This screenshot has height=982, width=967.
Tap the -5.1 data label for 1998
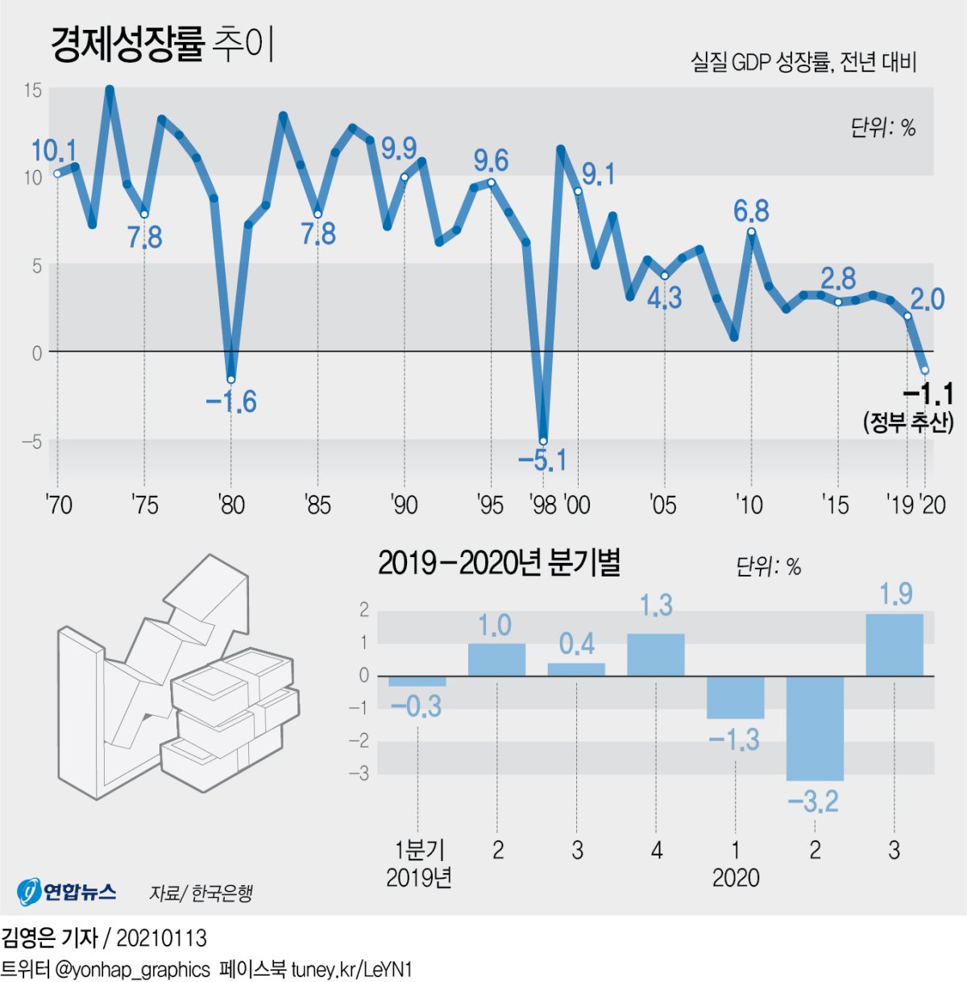542,460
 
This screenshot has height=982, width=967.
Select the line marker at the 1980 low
231,380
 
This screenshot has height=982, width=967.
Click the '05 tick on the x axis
662,505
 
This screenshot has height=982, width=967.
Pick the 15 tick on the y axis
32,89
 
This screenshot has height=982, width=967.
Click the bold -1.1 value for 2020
928,394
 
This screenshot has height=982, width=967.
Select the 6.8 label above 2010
750,211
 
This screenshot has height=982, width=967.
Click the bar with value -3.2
815,728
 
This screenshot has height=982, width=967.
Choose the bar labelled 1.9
894,645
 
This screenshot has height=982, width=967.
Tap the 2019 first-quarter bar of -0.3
417,681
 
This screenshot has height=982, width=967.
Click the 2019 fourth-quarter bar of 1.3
656,655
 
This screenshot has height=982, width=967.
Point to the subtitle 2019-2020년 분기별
499,563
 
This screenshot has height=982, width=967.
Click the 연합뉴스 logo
66,891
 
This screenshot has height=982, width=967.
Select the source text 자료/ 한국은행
201,893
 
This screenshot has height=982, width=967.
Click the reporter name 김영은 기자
49,938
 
